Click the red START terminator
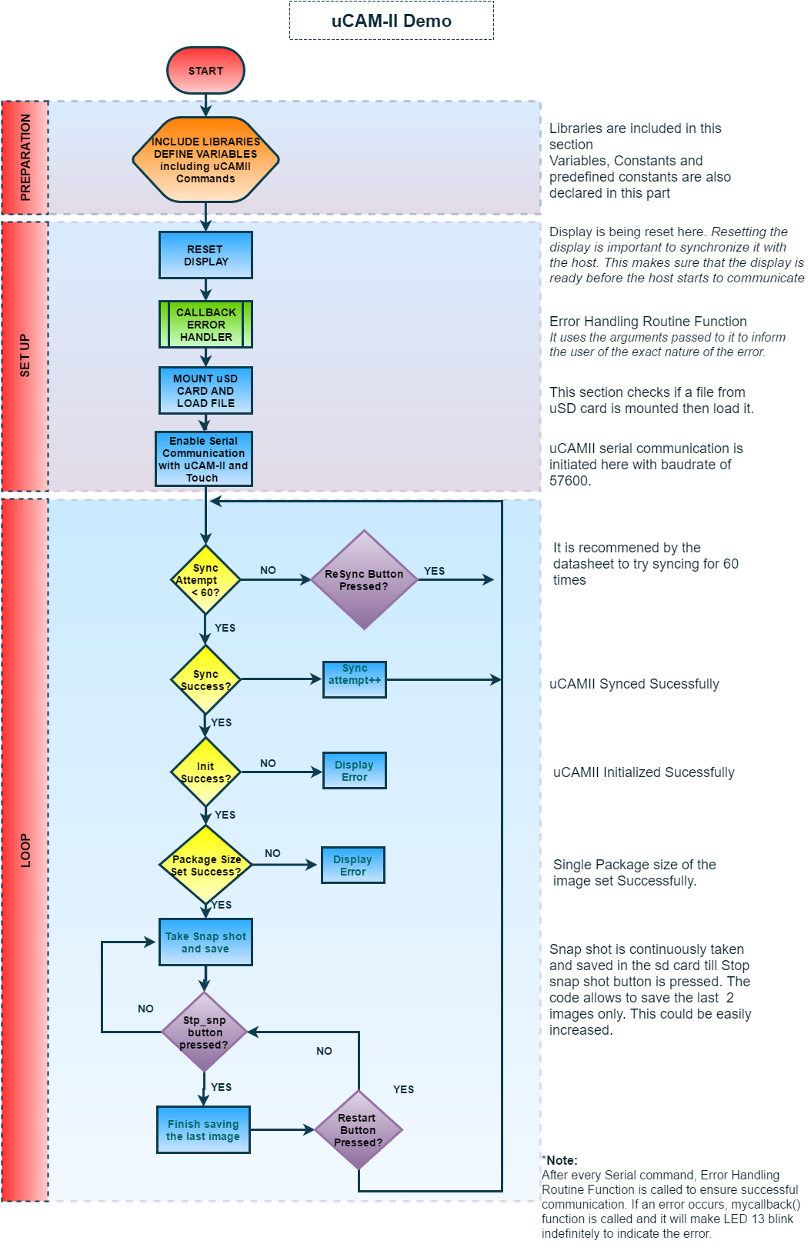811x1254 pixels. tap(205, 71)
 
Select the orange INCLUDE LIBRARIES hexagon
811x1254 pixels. tap(205, 160)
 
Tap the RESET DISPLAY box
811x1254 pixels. tap(205, 255)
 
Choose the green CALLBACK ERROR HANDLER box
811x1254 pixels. tap(205, 325)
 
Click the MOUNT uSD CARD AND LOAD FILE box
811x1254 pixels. tap(205, 391)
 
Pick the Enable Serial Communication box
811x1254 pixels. tap(204, 459)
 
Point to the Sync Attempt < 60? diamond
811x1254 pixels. tap(205, 580)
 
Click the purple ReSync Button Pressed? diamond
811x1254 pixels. tap(364, 580)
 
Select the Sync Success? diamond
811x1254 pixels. tap(205, 680)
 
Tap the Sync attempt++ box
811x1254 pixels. tap(354, 679)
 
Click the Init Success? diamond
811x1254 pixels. tap(205, 772)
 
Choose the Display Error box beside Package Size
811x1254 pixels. tap(352, 865)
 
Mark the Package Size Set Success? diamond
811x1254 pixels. tap(205, 865)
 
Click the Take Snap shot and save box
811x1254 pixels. tap(205, 942)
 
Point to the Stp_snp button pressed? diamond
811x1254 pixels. tap(205, 1032)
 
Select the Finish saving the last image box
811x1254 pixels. tap(203, 1130)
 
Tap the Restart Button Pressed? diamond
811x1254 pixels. tap(358, 1130)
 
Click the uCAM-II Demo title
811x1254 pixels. tap(391, 21)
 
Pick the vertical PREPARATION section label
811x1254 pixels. tap(25, 158)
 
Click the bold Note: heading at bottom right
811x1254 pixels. tap(562, 1160)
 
